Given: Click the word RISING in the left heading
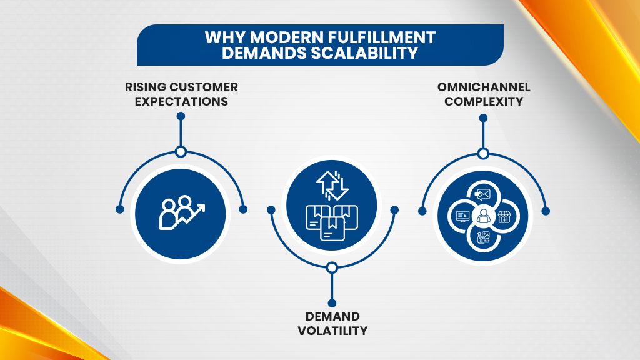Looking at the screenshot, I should (145, 87).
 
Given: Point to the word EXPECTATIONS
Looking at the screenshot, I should (181, 101).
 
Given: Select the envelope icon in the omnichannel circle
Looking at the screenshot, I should (482, 194).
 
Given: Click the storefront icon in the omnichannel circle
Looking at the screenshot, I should (505, 216).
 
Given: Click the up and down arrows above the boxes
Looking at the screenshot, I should (331, 186).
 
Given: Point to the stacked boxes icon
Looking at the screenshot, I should (331, 219).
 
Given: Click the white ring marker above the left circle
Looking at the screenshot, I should (181, 152).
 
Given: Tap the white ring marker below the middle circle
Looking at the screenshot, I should (332, 267).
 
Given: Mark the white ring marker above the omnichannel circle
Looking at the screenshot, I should (482, 153).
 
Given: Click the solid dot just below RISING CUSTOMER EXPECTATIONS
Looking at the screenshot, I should (181, 116).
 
